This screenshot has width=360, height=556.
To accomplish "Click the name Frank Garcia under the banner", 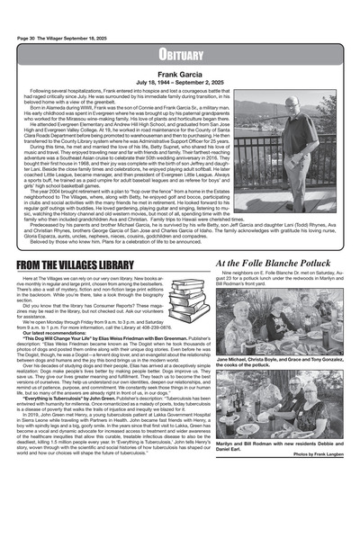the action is point(179,75).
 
